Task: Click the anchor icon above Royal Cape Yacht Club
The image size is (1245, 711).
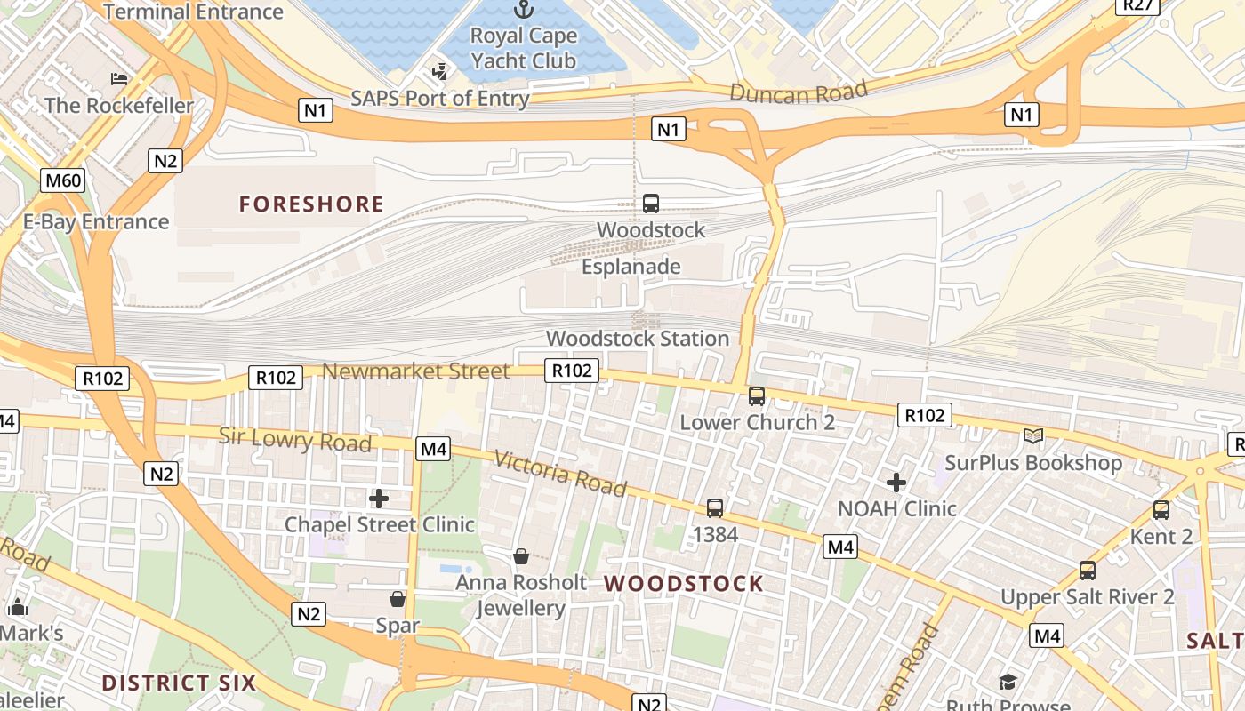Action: pyautogui.click(x=524, y=10)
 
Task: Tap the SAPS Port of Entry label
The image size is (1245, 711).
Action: pyautogui.click(x=440, y=98)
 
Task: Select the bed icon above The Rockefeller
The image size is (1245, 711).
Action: pyautogui.click(x=119, y=79)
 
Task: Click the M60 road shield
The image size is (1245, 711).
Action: pyautogui.click(x=63, y=181)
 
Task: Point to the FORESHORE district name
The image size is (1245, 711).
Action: pyautogui.click(x=311, y=204)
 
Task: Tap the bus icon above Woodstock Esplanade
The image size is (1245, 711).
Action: pyautogui.click(x=651, y=204)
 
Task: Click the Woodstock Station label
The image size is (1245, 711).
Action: pyautogui.click(x=638, y=339)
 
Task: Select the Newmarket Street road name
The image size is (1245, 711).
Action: pyautogui.click(x=416, y=371)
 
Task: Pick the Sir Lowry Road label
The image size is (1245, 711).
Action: pyautogui.click(x=295, y=439)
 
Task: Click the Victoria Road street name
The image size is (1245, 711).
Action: pyautogui.click(x=560, y=474)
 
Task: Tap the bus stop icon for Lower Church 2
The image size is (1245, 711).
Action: pyautogui.click(x=757, y=396)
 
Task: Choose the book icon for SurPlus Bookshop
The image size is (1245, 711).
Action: pyautogui.click(x=1033, y=435)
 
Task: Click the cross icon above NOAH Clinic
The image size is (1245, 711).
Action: pyautogui.click(x=896, y=483)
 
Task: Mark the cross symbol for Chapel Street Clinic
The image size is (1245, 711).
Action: pyautogui.click(x=379, y=499)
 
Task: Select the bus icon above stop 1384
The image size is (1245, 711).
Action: pyautogui.click(x=715, y=508)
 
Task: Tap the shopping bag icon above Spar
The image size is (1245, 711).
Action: pyautogui.click(x=398, y=600)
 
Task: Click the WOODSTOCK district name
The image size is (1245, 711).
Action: pyautogui.click(x=684, y=584)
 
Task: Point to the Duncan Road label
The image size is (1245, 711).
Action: pyautogui.click(x=799, y=92)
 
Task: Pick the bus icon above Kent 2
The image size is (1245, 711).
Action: pyautogui.click(x=1161, y=510)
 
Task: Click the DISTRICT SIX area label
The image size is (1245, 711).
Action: pyautogui.click(x=179, y=683)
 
